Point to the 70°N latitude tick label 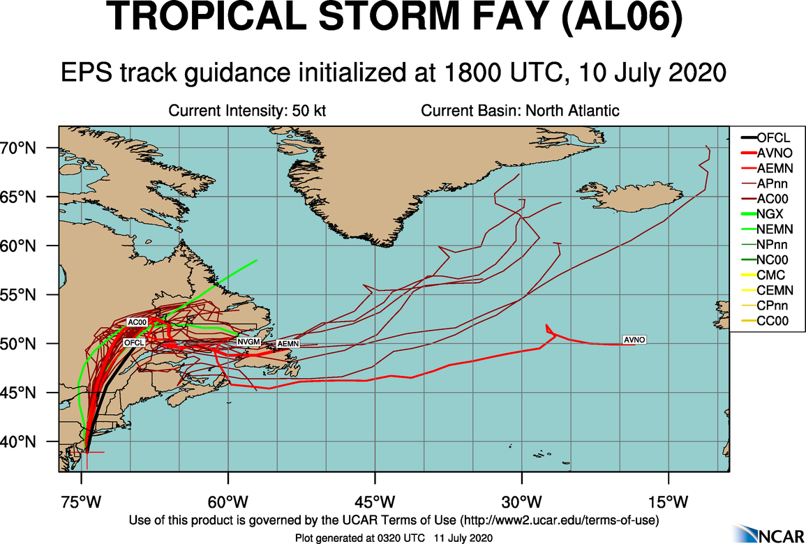point(30,148)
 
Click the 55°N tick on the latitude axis point(30,295)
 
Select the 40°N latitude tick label point(30,441)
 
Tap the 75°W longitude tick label point(82,501)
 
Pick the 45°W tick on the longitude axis point(375,501)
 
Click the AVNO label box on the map point(634,340)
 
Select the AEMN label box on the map point(288,344)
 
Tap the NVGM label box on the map point(248,342)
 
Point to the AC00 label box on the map point(137,322)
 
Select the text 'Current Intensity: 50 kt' point(248,111)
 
